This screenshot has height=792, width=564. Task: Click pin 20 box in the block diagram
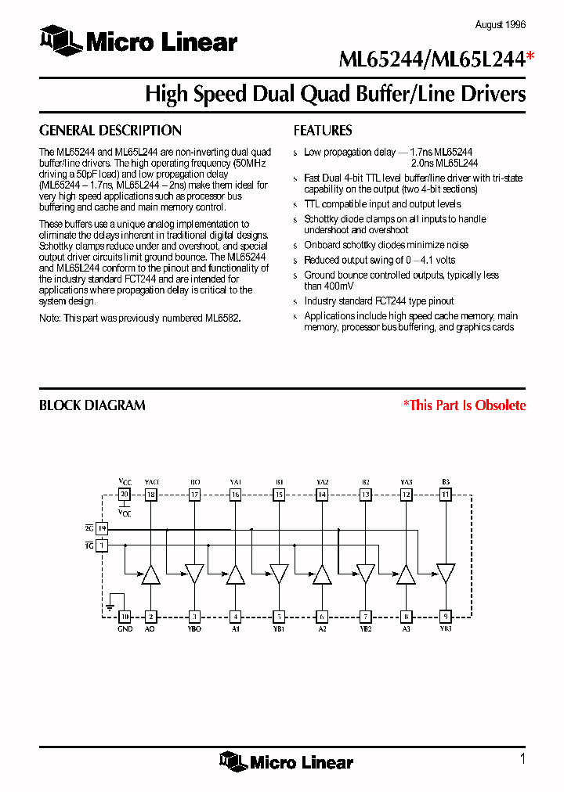click(124, 495)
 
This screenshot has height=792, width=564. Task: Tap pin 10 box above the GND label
click(124, 616)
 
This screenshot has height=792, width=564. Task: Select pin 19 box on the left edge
click(102, 529)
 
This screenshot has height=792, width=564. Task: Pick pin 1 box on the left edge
click(102, 545)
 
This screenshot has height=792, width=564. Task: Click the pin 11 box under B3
click(446, 495)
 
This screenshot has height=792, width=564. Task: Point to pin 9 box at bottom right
click(446, 616)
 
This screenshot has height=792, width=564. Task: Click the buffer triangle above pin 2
click(150, 574)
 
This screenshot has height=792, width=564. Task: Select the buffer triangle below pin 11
click(446, 574)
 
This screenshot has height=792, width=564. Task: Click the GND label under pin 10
click(125, 628)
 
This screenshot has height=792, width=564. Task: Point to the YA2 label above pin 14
click(322, 482)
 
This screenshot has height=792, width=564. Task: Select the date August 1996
click(501, 25)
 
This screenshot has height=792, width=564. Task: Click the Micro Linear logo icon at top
click(60, 39)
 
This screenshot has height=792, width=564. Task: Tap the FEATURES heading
click(323, 131)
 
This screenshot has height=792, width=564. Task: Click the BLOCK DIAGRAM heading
click(92, 405)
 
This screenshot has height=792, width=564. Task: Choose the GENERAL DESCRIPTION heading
click(110, 131)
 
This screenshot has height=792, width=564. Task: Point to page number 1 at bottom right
click(522, 758)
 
